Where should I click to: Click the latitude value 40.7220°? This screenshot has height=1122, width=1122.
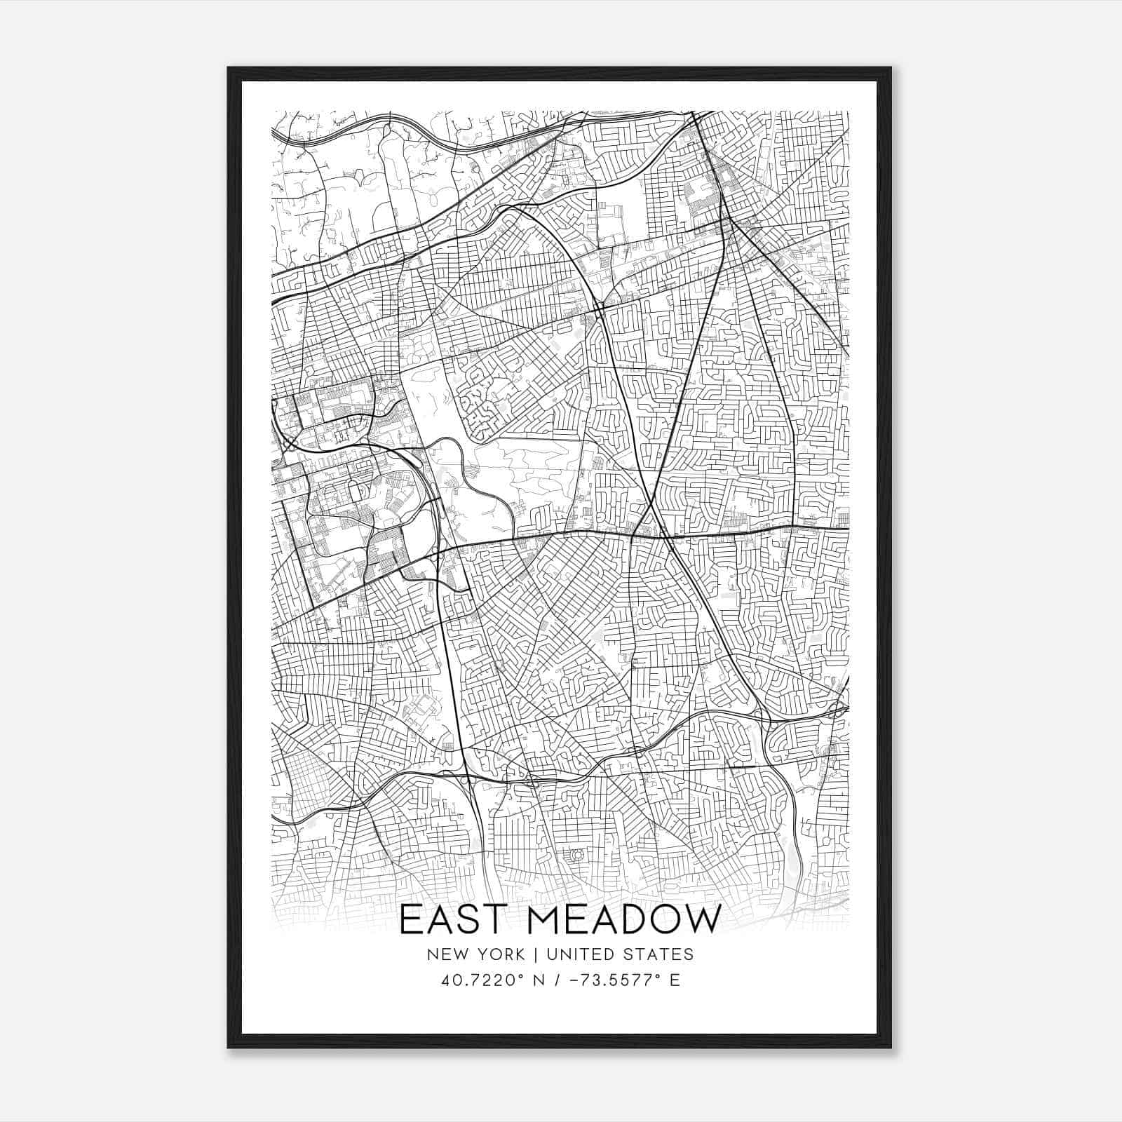coord(478,980)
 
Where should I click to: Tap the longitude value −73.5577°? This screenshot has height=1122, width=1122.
coord(616,980)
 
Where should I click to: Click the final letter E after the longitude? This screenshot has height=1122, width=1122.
coord(675,980)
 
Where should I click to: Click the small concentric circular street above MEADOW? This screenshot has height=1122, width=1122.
coord(577,855)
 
